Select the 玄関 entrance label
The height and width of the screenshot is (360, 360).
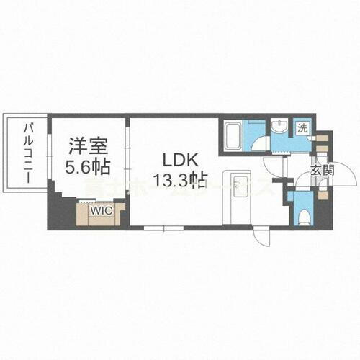coord(321,171)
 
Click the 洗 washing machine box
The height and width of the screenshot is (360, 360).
coord(303,129)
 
